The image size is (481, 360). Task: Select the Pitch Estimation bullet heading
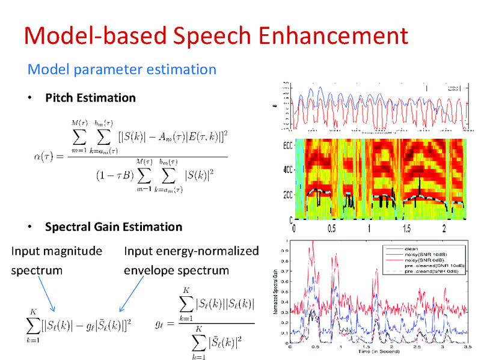click(x=90, y=97)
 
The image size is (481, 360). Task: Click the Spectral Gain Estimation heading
click(x=113, y=227)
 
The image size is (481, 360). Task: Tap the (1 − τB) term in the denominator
click(x=113, y=175)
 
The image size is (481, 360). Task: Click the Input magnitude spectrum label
click(x=56, y=260)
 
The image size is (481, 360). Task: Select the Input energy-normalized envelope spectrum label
click(x=191, y=260)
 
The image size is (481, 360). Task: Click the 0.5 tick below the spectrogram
click(x=331, y=228)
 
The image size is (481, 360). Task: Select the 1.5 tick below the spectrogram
click(x=406, y=228)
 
